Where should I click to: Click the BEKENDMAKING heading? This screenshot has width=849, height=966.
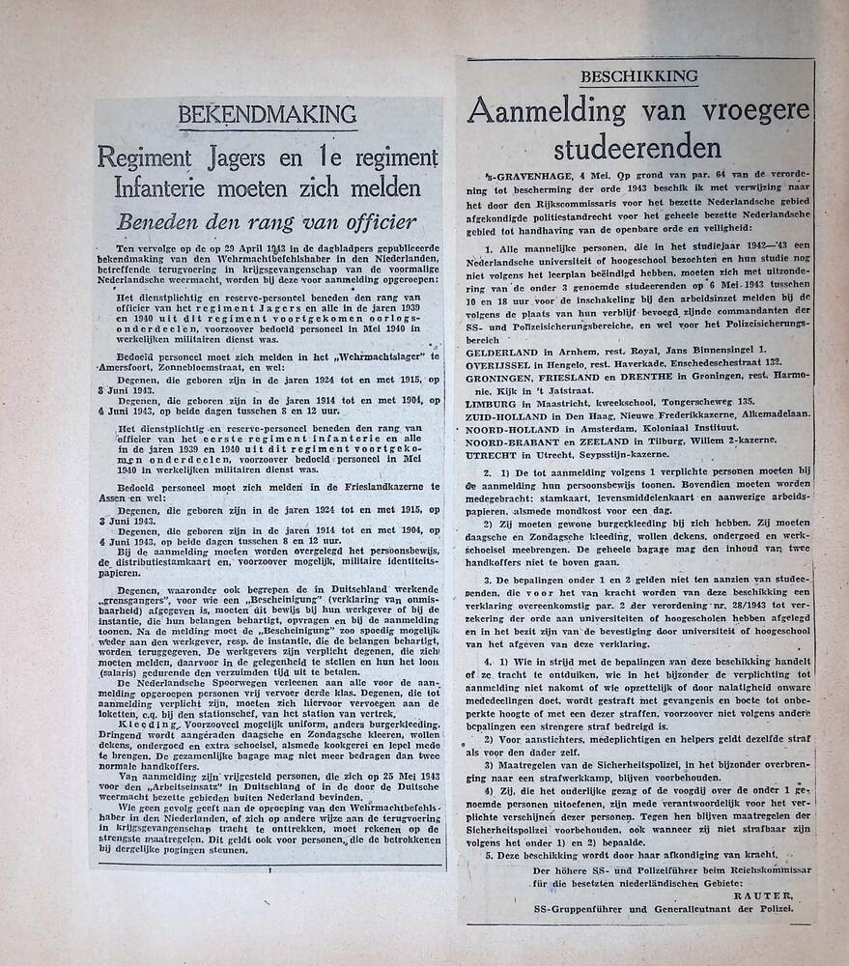click(268, 116)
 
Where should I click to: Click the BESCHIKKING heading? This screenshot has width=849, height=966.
click(638, 76)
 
